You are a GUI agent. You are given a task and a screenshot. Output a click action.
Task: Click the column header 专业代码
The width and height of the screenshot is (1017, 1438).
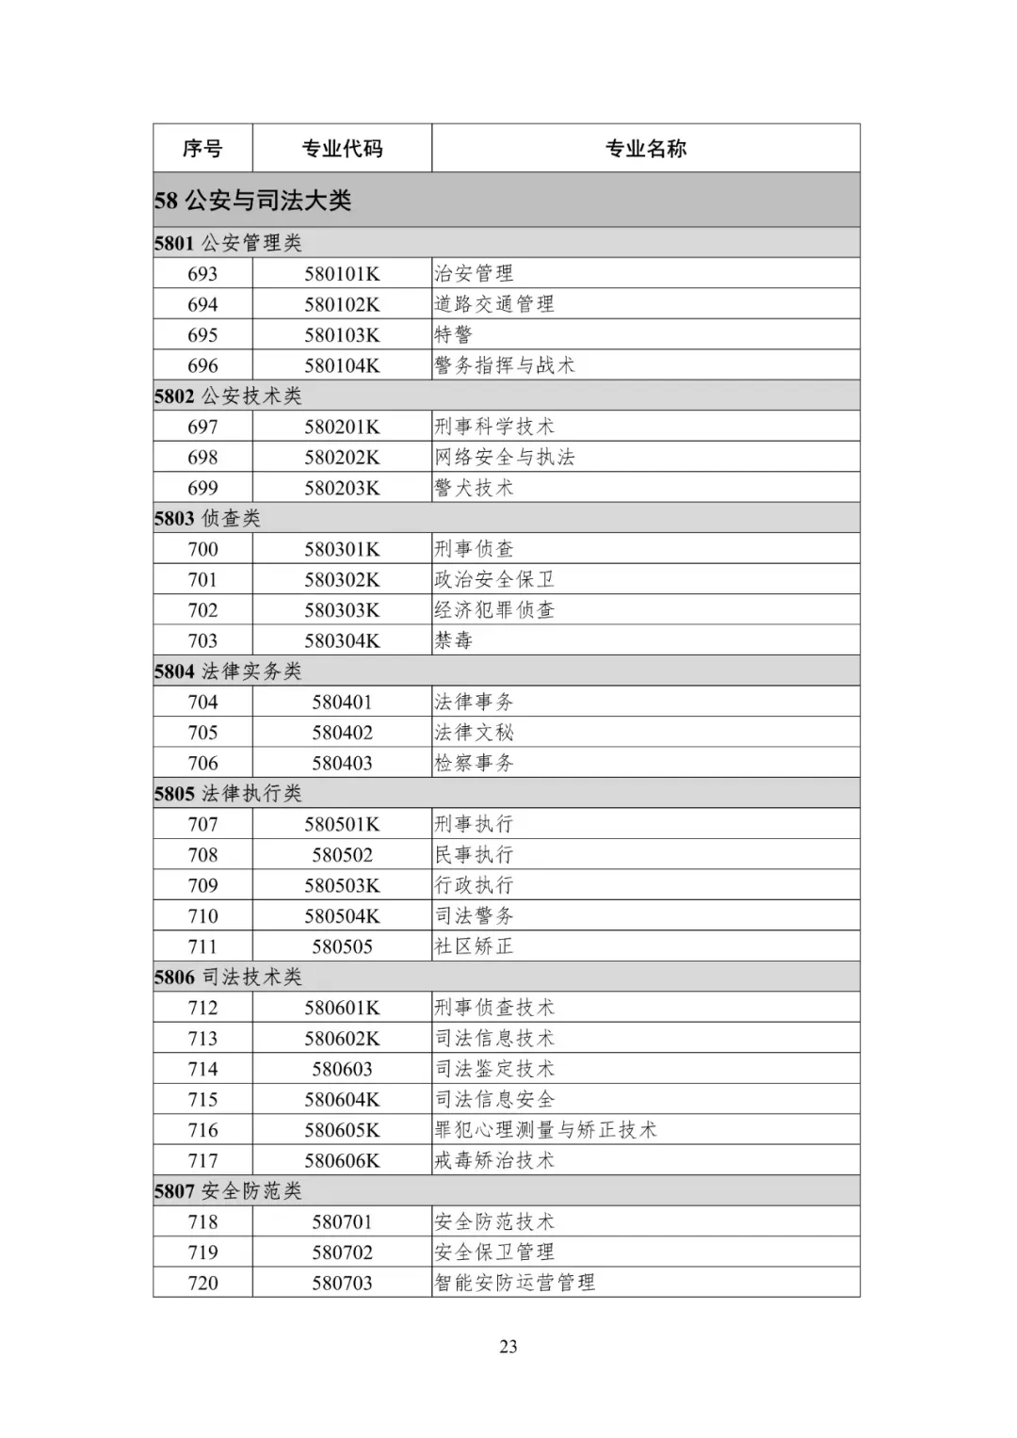click(x=342, y=149)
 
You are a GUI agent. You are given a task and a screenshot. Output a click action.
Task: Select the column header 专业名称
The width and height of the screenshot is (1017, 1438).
click(x=645, y=149)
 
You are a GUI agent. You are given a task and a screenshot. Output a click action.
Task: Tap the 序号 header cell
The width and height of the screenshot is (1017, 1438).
click(x=202, y=149)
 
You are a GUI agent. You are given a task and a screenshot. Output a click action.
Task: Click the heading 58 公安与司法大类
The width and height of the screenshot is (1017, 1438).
click(x=252, y=201)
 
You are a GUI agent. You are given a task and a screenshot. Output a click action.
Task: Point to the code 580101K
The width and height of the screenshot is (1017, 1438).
click(x=342, y=274)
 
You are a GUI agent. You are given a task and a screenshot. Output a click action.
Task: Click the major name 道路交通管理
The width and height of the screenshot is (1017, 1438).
click(x=494, y=304)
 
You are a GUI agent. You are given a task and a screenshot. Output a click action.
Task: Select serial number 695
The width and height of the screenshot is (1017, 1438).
click(x=202, y=335)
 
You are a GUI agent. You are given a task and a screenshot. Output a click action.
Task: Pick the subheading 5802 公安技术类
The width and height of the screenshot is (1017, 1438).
click(x=228, y=396)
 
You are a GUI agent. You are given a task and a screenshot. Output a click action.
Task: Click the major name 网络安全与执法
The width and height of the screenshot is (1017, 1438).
click(x=504, y=458)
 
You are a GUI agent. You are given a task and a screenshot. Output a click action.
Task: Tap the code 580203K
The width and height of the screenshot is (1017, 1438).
click(x=342, y=488)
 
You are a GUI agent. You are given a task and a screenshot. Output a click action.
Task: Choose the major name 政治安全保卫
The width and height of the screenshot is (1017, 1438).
click(x=494, y=580)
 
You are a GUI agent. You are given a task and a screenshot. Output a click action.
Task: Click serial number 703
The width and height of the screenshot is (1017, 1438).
click(x=202, y=641)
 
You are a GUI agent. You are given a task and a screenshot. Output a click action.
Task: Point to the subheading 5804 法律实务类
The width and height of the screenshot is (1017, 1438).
click(x=228, y=671)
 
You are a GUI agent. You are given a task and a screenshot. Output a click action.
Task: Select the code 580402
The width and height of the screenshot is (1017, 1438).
click(x=342, y=733)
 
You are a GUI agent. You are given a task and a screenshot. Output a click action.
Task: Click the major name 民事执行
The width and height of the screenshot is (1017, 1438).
click(x=474, y=855)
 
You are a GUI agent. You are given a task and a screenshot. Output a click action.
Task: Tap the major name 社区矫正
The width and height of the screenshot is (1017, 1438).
click(x=474, y=946)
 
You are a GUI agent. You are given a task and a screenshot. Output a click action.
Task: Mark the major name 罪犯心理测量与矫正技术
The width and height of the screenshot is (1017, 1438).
click(x=545, y=1130)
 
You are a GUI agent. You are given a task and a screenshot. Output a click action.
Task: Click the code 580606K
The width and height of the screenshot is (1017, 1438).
click(x=342, y=1161)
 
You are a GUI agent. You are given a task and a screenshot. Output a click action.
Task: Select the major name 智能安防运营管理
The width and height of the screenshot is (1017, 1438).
click(x=514, y=1283)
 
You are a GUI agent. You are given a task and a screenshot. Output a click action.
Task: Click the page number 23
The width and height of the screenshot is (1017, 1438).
click(x=508, y=1347)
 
